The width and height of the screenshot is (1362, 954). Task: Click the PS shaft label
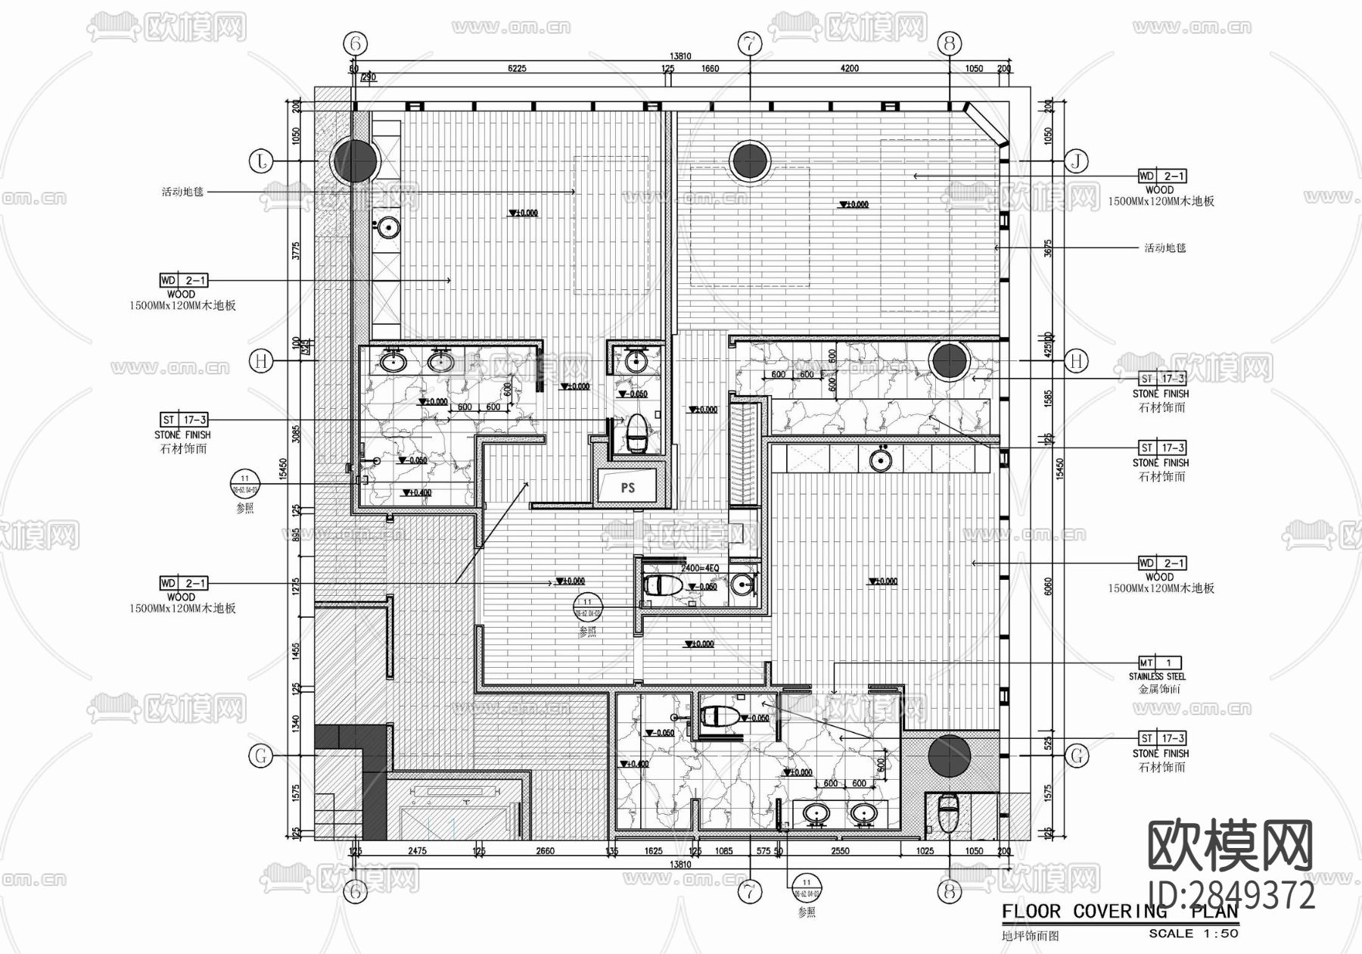click(628, 488)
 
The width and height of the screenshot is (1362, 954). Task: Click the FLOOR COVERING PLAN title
click(1119, 912)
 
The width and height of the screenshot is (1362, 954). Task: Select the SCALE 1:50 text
click(1193, 934)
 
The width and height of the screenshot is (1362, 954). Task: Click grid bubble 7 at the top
click(750, 44)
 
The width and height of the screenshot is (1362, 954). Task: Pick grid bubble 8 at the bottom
click(950, 892)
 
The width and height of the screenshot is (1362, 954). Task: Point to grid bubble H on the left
click(262, 361)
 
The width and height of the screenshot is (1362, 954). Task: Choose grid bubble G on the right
click(1076, 755)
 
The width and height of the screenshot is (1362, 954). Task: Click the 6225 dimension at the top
click(517, 69)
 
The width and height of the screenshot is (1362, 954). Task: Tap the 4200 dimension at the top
click(850, 69)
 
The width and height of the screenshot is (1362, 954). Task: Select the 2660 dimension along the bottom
click(545, 851)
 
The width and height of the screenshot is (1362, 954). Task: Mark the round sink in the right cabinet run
click(879, 460)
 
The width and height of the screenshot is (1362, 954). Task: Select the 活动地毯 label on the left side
click(182, 192)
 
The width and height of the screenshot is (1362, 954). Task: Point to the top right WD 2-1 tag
click(1162, 176)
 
